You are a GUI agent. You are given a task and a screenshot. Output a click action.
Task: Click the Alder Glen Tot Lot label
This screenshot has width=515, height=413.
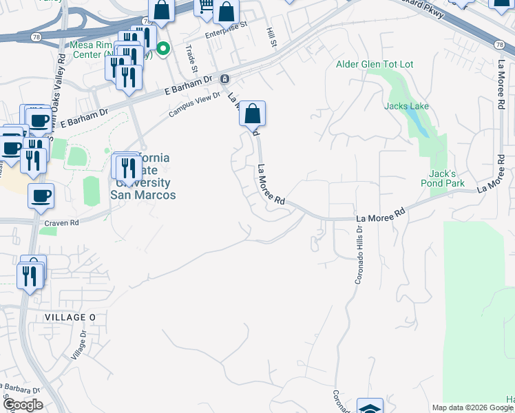click(x=375, y=64)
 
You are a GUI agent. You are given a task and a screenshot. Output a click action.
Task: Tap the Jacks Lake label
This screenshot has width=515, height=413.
click(x=407, y=107)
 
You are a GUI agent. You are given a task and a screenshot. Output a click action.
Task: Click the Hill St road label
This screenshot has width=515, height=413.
click(x=272, y=38)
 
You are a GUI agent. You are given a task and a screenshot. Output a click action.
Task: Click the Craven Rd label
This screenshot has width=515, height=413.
click(x=61, y=223)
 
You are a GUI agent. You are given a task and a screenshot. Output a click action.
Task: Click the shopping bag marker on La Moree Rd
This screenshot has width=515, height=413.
click(x=253, y=113)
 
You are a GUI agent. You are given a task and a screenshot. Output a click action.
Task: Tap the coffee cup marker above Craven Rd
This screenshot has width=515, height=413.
click(x=41, y=195)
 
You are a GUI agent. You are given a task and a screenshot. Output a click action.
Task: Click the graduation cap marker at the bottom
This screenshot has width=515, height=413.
click(x=370, y=407)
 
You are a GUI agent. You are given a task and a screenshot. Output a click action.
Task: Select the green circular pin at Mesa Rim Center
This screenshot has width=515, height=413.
click(x=163, y=48)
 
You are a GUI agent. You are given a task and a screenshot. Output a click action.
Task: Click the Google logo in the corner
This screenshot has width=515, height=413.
click(x=22, y=405)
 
